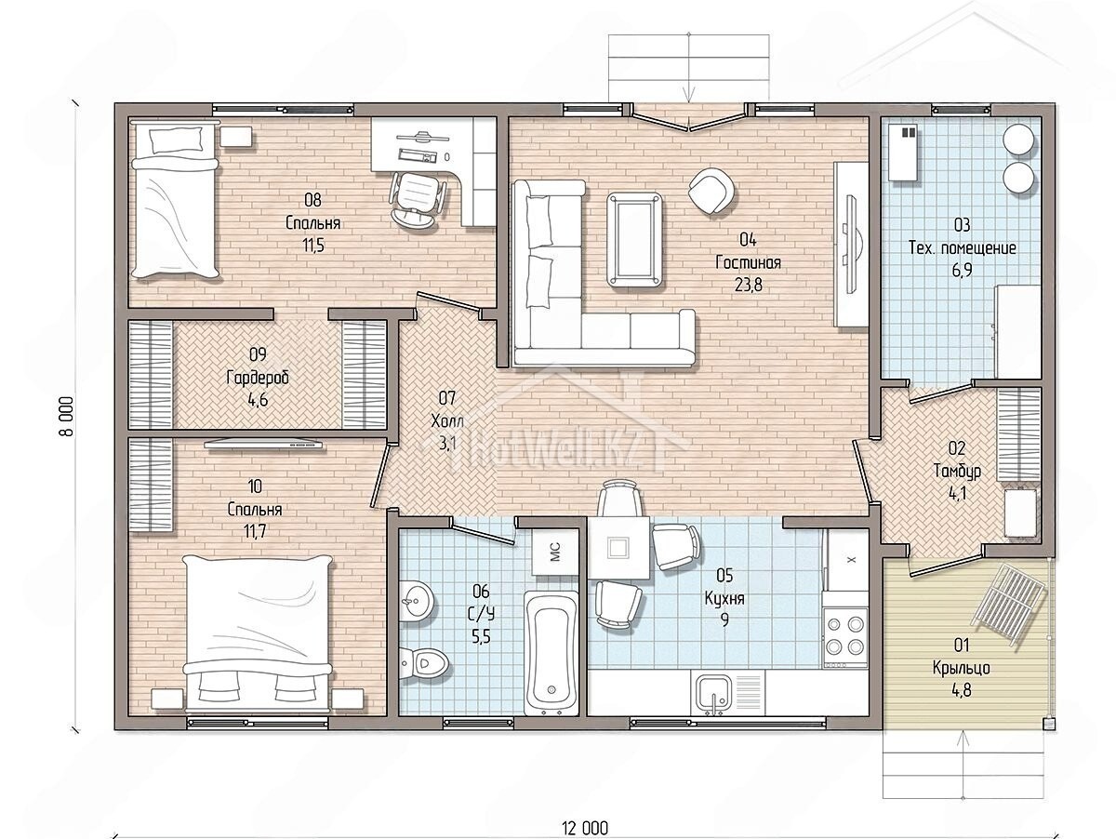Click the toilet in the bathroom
tap(423, 662)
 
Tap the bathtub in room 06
tap(551, 653)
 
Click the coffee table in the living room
tap(635, 239)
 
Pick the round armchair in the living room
tap(711, 191)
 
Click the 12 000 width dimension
tap(585, 828)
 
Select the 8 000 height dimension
tap(68, 416)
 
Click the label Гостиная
tap(748, 263)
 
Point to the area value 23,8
tap(748, 286)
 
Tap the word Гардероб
tap(258, 378)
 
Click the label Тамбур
tap(957, 471)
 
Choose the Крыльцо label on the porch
tap(961, 668)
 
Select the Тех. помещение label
tap(962, 248)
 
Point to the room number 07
tap(447, 398)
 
